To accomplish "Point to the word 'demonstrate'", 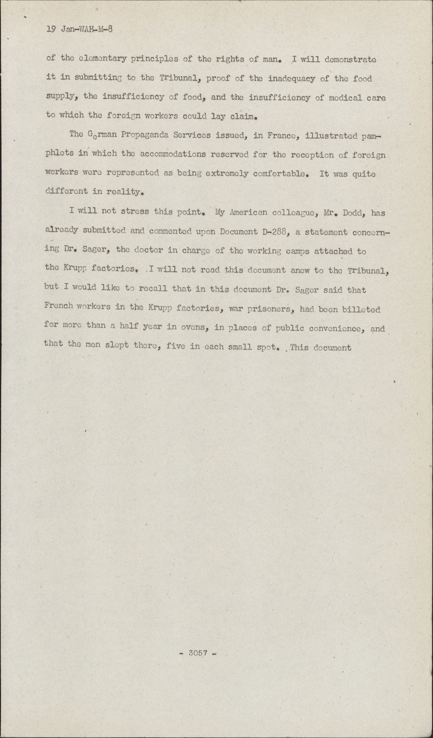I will click(351, 60).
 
